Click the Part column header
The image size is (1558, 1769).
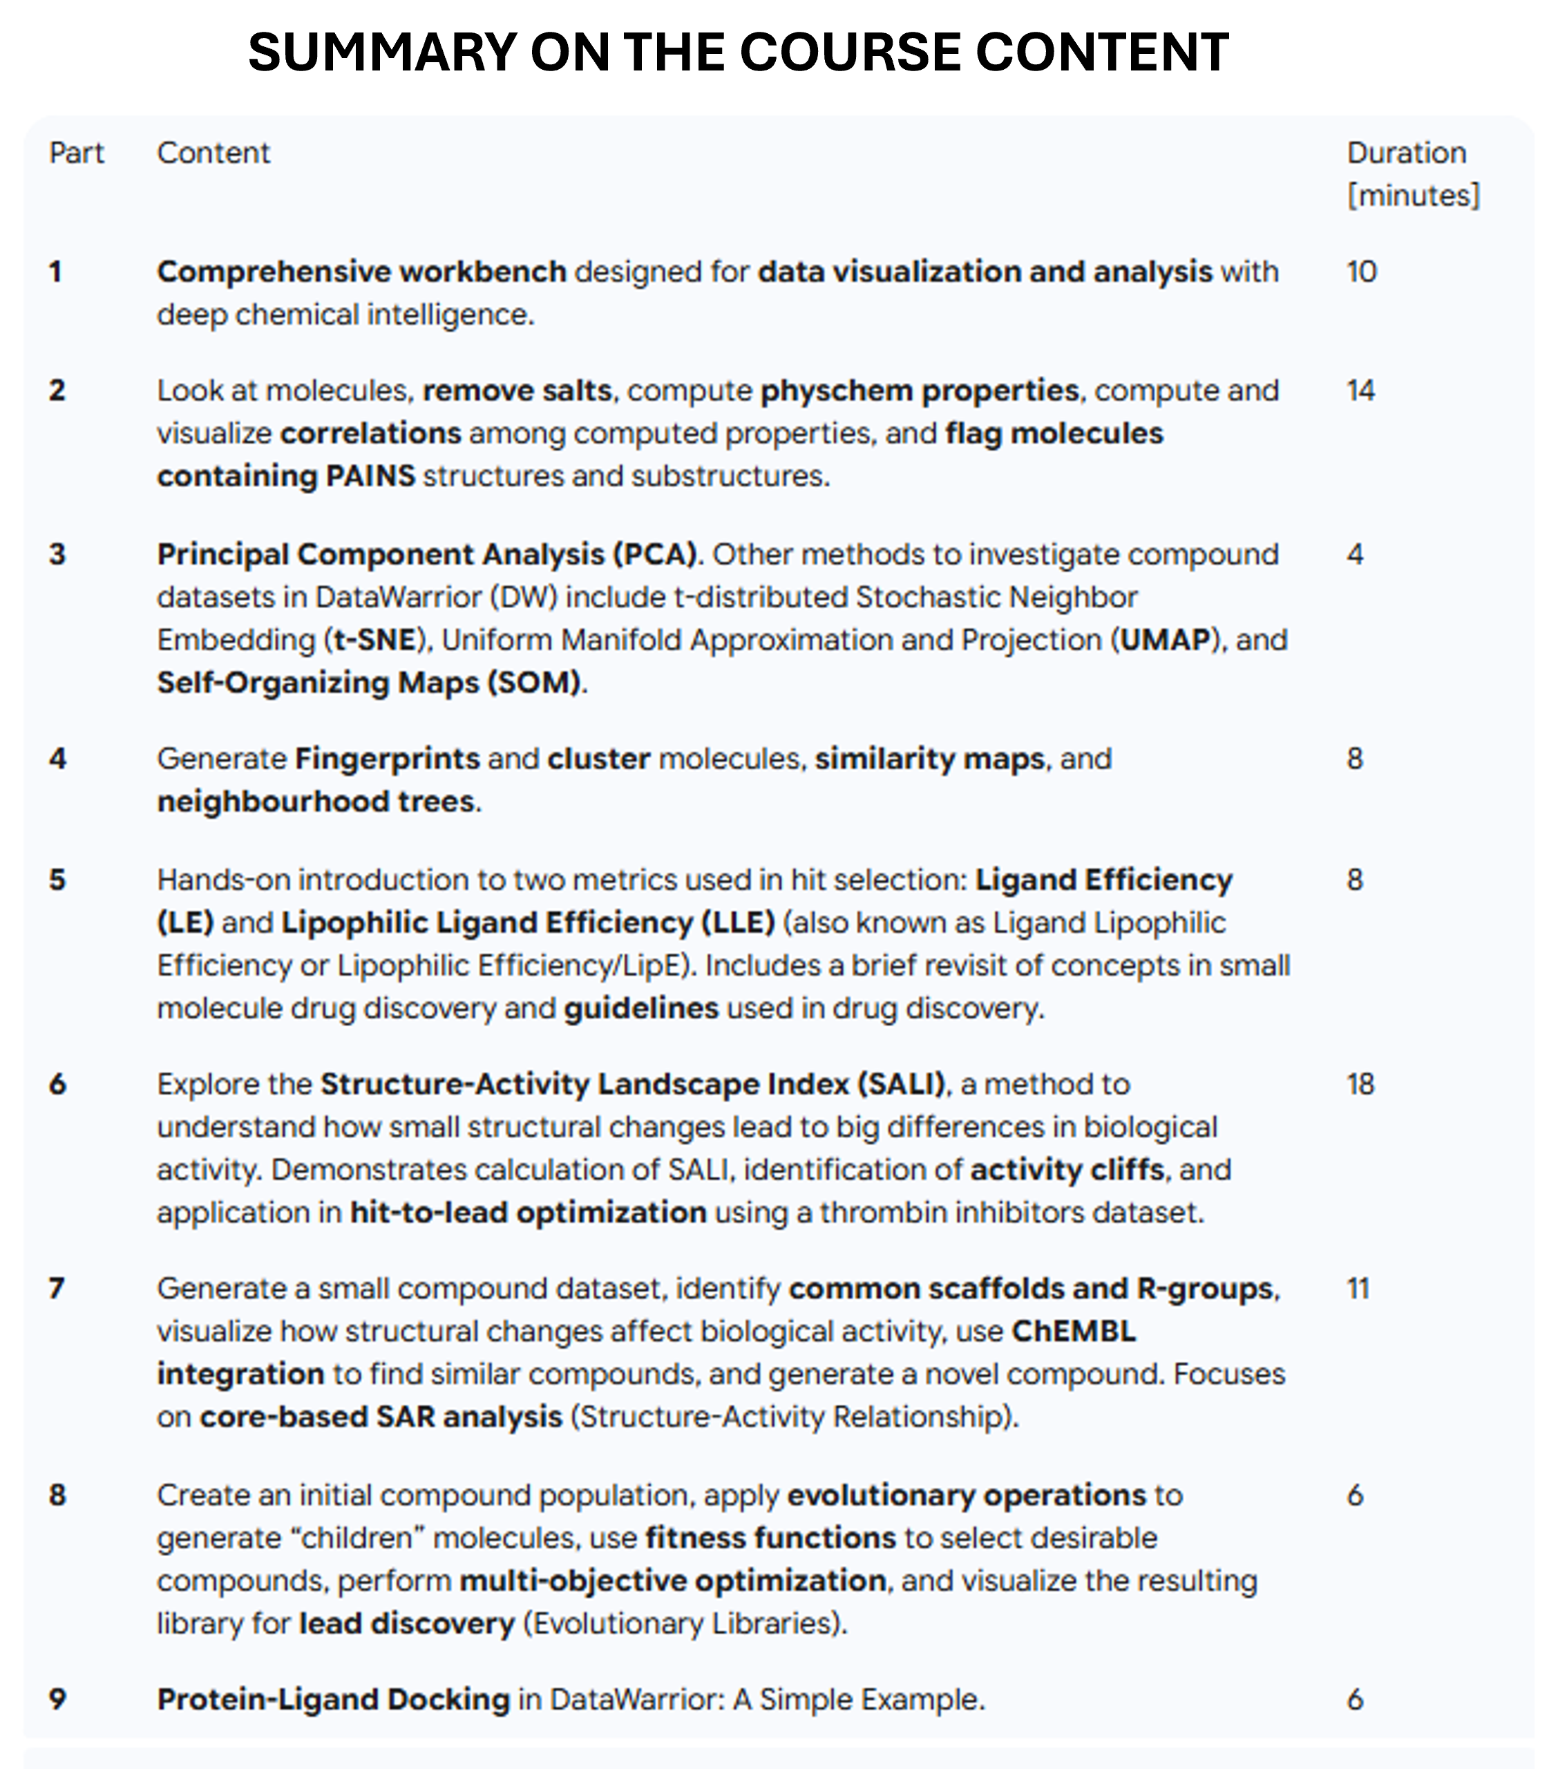[x=76, y=153]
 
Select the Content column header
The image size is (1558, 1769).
[x=213, y=153]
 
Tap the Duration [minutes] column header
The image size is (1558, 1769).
[x=1413, y=174]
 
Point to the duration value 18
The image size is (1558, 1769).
[x=1360, y=1084]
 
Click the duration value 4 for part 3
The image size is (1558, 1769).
[x=1356, y=554]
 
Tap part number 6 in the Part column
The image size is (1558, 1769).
[x=57, y=1084]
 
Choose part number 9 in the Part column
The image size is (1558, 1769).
[x=57, y=1699]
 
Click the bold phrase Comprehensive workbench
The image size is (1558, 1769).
[x=361, y=272]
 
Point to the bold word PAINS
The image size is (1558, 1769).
[x=370, y=476]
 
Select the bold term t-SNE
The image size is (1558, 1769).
[x=374, y=640]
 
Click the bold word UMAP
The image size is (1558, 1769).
[x=1165, y=640]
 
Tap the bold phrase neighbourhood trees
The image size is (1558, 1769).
[x=316, y=802]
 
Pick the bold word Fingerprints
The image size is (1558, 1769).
[x=387, y=759]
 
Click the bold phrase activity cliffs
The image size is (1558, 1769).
[x=1066, y=1169]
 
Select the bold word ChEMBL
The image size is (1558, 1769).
[x=1073, y=1331]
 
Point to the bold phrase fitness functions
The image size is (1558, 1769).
[x=770, y=1538]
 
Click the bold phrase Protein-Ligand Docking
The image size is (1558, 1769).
[x=333, y=1699]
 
